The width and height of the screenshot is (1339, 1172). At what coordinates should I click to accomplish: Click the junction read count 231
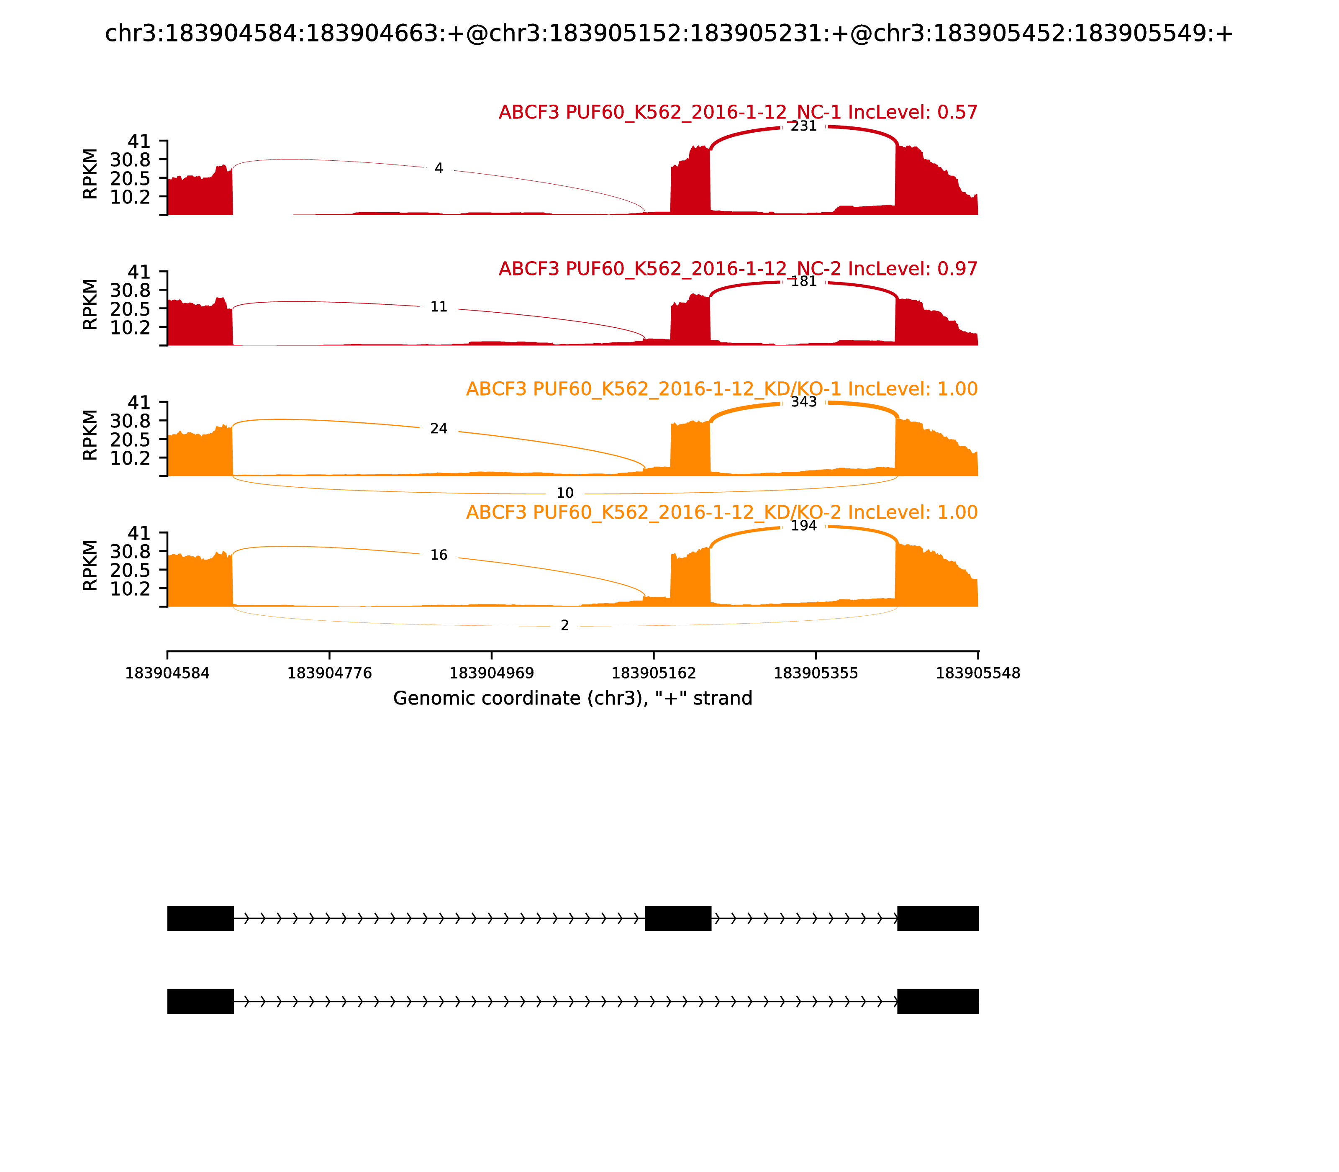point(803,126)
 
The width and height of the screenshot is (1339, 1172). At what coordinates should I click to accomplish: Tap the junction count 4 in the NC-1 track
point(439,169)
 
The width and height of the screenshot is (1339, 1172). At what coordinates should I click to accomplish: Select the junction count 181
point(803,282)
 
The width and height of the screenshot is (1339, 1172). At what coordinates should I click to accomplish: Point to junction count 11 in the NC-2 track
point(439,307)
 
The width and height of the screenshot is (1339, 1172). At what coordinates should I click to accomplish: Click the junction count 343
point(803,402)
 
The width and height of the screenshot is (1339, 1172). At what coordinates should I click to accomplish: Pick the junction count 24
point(439,429)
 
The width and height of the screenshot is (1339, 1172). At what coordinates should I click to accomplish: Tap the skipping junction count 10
point(565,493)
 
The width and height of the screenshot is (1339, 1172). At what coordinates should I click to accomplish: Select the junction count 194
point(803,526)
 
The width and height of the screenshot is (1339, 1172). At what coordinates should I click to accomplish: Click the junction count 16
point(439,555)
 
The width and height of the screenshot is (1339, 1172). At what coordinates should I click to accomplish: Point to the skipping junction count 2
point(565,626)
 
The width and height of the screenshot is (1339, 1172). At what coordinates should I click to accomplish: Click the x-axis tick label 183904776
point(330,673)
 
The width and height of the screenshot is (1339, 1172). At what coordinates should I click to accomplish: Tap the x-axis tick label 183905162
point(654,673)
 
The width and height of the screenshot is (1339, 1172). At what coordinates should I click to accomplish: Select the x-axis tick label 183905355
point(816,673)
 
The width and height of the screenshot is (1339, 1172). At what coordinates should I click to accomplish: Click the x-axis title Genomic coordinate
point(573,699)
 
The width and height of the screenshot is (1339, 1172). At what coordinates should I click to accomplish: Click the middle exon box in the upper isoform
point(678,918)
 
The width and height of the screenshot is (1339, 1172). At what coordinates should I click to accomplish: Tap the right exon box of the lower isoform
point(938,1001)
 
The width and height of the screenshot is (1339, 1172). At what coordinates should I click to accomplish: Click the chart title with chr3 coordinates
point(669,33)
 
